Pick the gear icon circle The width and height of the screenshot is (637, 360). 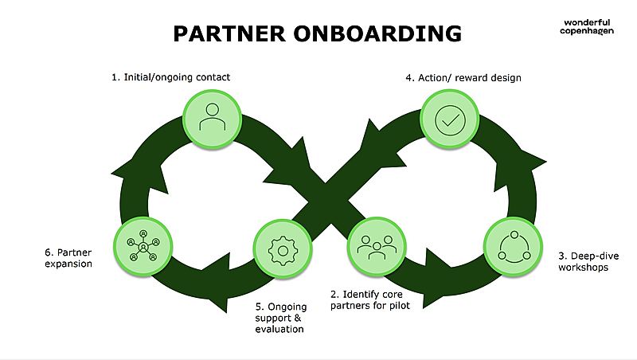tap(281, 248)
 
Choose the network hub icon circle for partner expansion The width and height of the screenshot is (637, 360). tap(143, 245)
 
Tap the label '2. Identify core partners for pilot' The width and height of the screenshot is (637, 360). tap(369, 299)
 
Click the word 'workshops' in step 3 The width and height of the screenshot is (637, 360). tap(583, 268)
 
